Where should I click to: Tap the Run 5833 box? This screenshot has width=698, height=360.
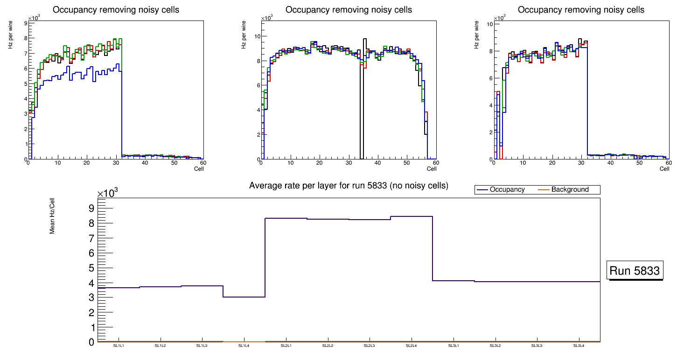[x=635, y=271]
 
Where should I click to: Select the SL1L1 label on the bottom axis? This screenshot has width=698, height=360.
[x=119, y=346]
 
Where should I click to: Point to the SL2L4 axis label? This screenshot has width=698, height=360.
[x=412, y=346]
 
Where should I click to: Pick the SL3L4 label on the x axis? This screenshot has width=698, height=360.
[x=579, y=346]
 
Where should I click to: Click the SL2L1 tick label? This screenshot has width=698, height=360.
[x=286, y=346]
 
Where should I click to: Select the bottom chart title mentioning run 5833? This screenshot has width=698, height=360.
[x=349, y=186]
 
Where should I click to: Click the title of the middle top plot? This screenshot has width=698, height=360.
[x=349, y=10]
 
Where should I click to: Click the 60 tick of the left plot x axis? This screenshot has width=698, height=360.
[x=203, y=163]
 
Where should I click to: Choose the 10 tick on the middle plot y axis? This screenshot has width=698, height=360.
[x=258, y=36]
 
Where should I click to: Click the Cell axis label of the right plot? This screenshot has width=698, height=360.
[x=664, y=169]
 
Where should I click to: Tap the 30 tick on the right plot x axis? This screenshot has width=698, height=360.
[x=581, y=163]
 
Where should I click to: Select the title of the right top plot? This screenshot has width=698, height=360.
[x=581, y=10]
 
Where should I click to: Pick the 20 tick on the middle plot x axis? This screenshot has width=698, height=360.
[x=320, y=163]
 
